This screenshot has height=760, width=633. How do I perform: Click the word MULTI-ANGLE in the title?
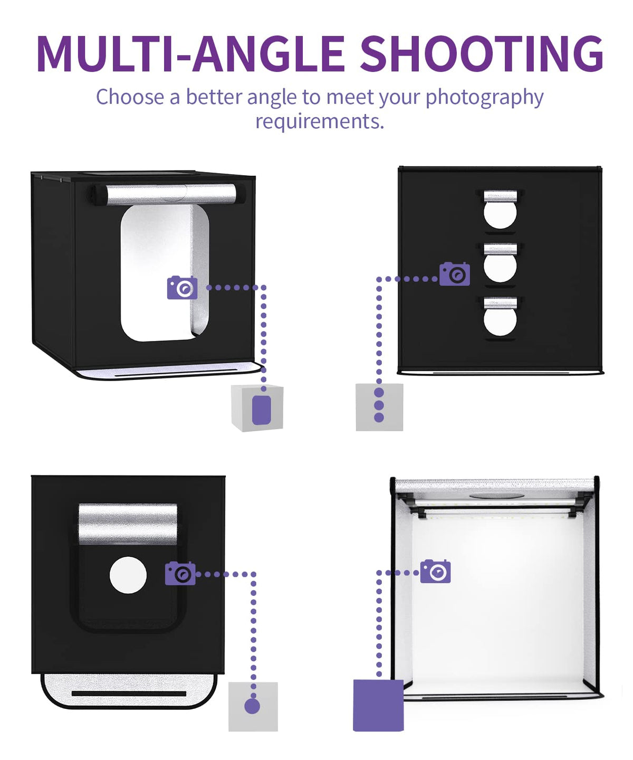pyautogui.click(x=190, y=53)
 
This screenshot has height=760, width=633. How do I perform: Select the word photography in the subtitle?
pyautogui.click(x=484, y=98)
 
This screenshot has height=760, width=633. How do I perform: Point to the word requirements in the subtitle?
pyautogui.click(x=320, y=122)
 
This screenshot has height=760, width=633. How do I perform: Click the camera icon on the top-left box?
pyautogui.click(x=183, y=288)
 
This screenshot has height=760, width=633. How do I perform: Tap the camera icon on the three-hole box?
pyautogui.click(x=454, y=274)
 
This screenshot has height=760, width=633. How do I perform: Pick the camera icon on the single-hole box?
pyautogui.click(x=180, y=573)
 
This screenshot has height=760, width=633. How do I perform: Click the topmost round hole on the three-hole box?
pyautogui.click(x=500, y=215)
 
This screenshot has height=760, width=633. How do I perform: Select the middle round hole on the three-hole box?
pyautogui.click(x=500, y=268)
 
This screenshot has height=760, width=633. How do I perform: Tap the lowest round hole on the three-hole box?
pyautogui.click(x=500, y=322)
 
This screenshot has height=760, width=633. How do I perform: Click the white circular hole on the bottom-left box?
pyautogui.click(x=128, y=575)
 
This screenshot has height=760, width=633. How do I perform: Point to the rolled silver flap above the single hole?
pyautogui.click(x=128, y=524)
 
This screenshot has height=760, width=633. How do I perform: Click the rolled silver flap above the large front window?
pyautogui.click(x=170, y=194)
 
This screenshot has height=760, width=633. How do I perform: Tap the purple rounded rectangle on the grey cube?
pyautogui.click(x=261, y=410)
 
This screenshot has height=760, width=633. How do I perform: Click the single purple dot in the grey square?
pyautogui.click(x=252, y=706)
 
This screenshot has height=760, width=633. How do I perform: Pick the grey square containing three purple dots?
pyautogui.click(x=379, y=407)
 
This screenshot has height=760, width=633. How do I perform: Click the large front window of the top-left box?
pyautogui.click(x=165, y=273)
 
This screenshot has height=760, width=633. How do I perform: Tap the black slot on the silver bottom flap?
pyautogui.click(x=129, y=693)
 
